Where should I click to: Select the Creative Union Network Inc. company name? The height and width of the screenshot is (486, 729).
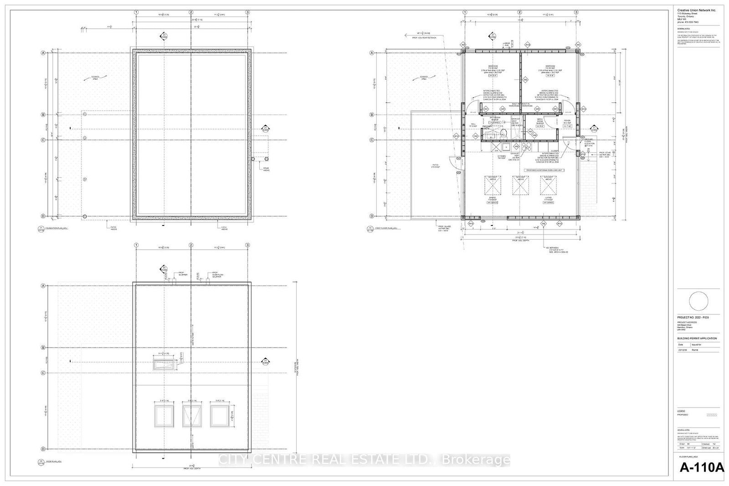[x=693, y=10]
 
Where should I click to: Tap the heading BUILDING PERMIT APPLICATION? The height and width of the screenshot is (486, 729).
[x=697, y=338]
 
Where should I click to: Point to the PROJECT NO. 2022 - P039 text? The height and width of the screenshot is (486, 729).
[x=693, y=317]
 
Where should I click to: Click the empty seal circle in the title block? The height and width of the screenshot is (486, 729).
[x=698, y=302]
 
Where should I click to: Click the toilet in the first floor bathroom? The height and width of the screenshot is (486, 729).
[x=504, y=133]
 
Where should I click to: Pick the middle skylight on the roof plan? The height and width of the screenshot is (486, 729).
[x=191, y=415]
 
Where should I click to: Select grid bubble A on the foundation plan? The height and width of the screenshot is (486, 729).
[x=43, y=53]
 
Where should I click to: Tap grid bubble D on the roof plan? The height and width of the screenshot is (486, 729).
[x=43, y=449]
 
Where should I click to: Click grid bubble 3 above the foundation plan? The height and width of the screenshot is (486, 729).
[x=247, y=12]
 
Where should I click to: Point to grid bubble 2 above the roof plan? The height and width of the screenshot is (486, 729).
[x=191, y=246]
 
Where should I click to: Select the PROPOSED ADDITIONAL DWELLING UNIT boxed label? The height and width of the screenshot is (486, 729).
[x=544, y=170]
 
